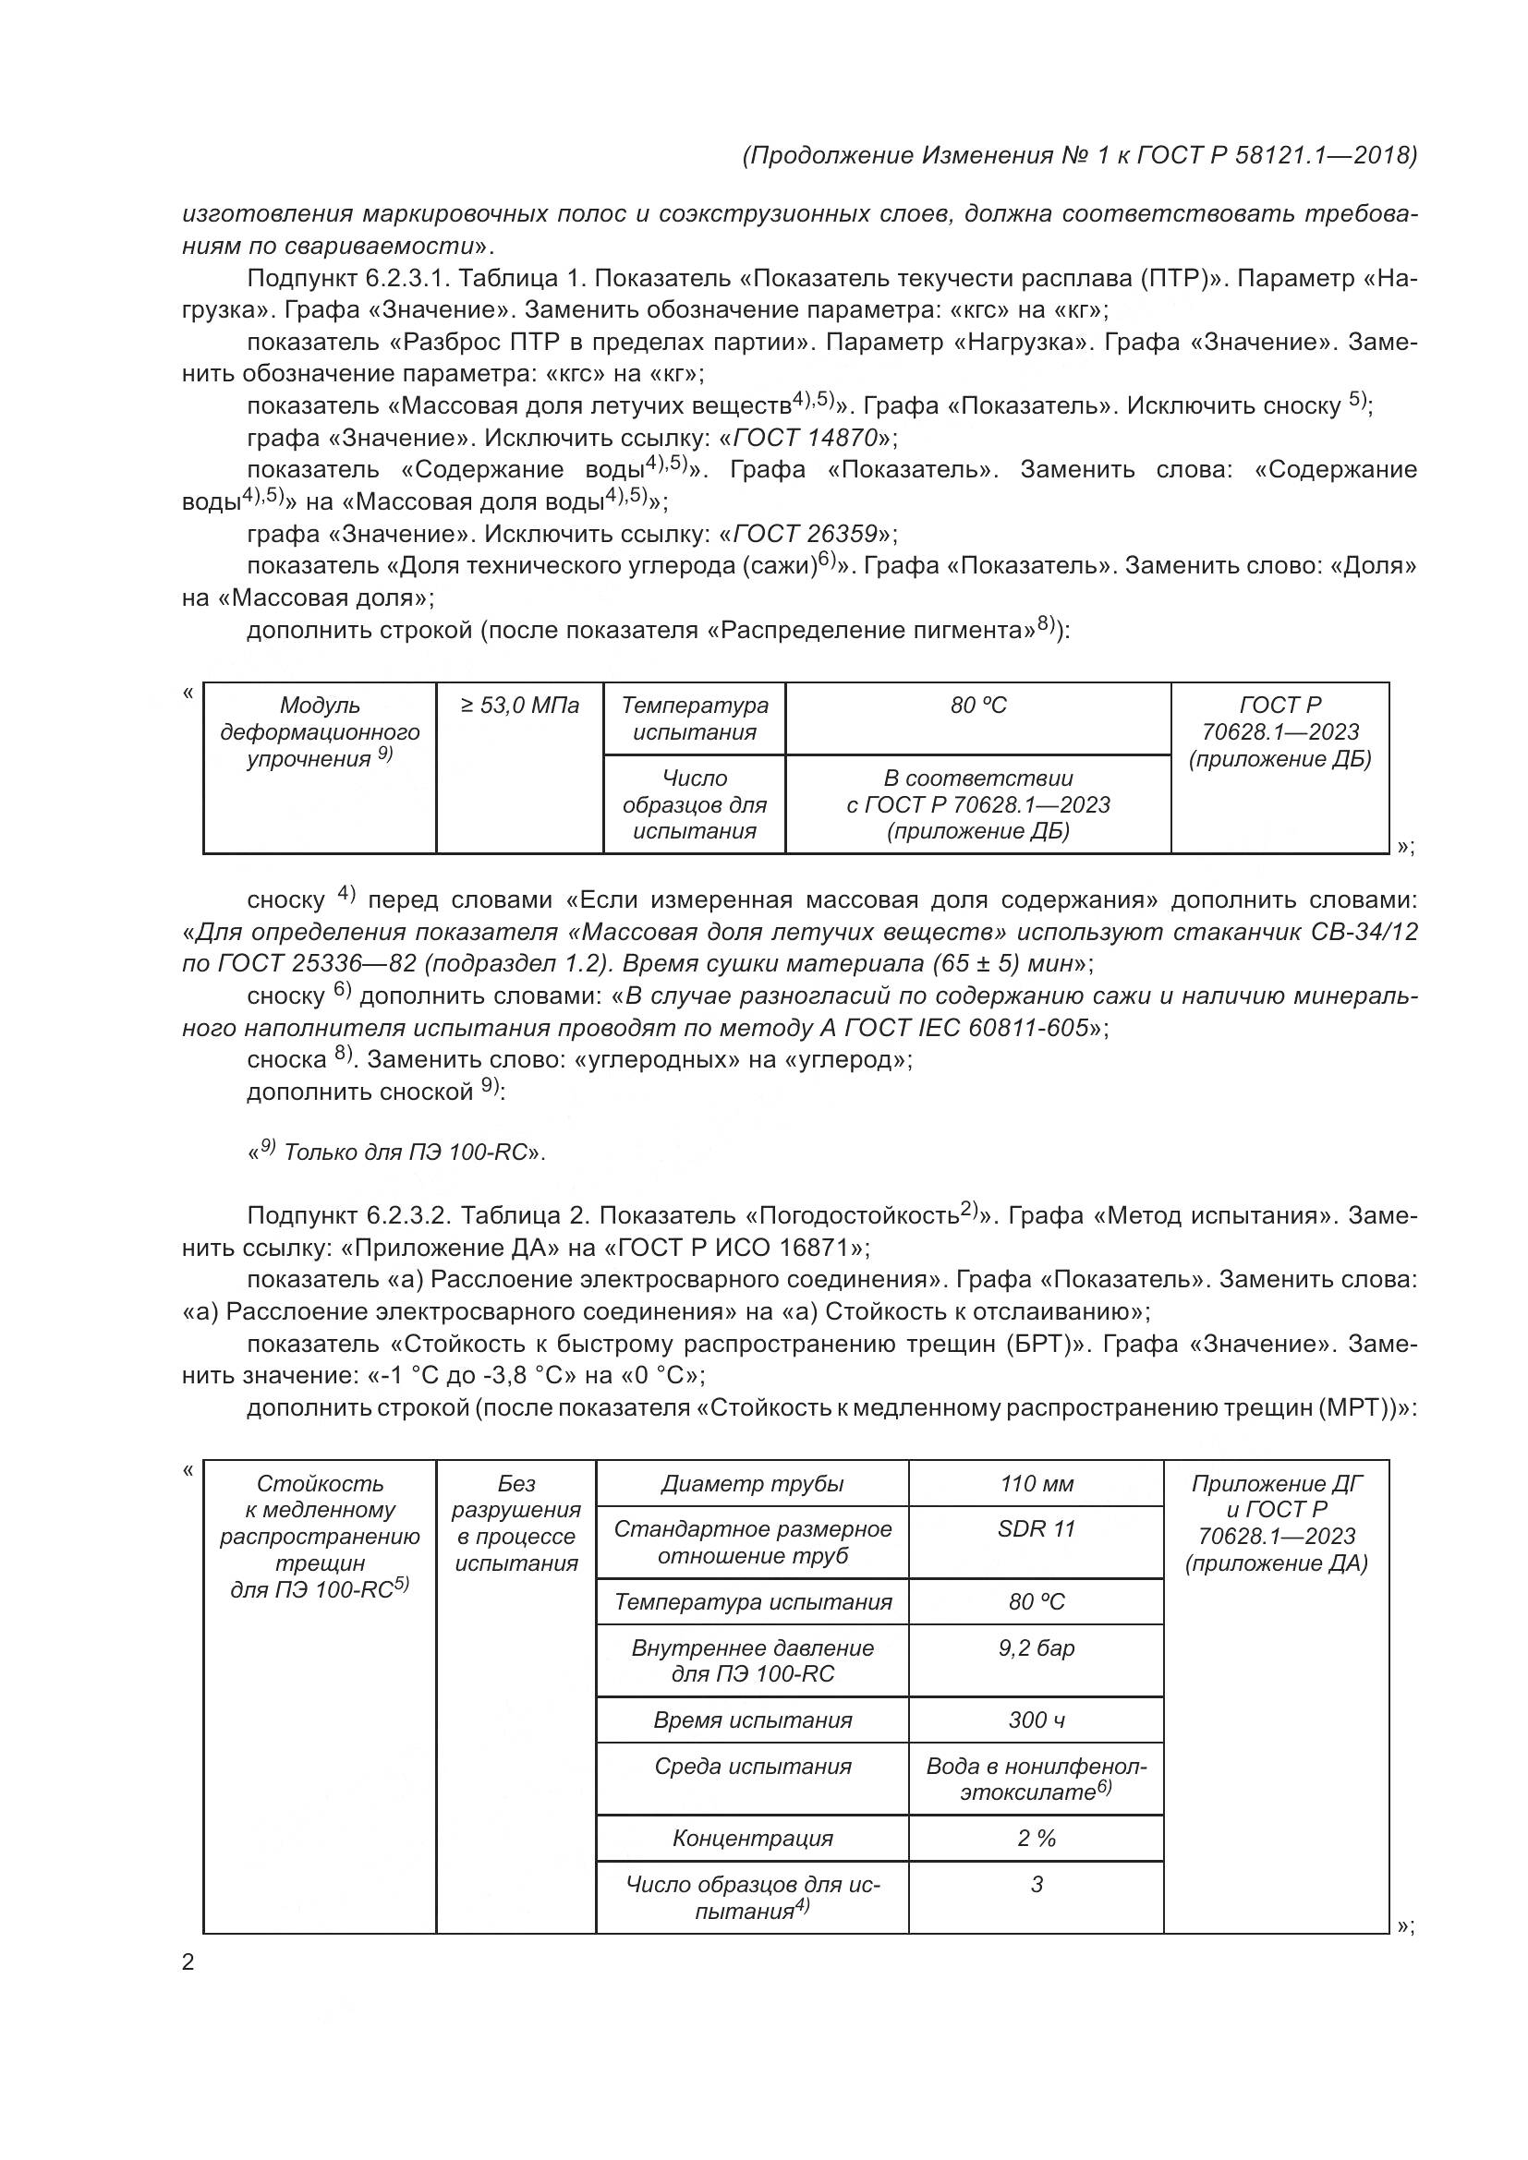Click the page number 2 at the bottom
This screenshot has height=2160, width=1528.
point(188,1962)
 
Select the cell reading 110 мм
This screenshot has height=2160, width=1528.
point(1036,1484)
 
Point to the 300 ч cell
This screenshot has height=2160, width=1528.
point(1036,1720)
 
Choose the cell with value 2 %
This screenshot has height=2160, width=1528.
point(1036,1838)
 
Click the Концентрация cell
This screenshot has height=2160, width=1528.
point(752,1838)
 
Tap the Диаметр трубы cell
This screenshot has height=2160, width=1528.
point(752,1484)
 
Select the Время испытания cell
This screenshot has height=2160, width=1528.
point(752,1720)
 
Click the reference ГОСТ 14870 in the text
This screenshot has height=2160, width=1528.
point(806,438)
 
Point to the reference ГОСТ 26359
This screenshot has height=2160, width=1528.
point(806,534)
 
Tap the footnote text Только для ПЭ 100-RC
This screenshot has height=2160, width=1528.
point(405,1152)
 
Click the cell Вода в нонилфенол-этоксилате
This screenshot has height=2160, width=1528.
point(1036,1778)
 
